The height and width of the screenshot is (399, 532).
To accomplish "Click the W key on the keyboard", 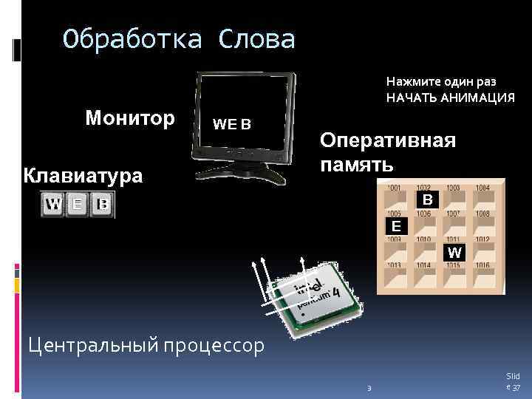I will [x=53, y=204].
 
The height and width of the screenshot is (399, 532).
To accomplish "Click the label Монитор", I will [x=130, y=118].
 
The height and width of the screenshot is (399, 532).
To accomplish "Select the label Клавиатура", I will [x=83, y=176].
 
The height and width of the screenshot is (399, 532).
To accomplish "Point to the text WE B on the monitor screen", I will [x=232, y=124].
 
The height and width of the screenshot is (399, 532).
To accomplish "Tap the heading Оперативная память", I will [x=386, y=151].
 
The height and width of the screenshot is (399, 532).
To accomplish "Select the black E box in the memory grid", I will [x=397, y=225].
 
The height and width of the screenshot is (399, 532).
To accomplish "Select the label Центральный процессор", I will [x=145, y=344].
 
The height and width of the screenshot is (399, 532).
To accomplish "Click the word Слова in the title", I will [x=255, y=39].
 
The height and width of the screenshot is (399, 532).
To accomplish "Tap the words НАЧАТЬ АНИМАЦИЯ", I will [x=450, y=98].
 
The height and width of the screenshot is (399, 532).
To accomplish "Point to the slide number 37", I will [x=517, y=389].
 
